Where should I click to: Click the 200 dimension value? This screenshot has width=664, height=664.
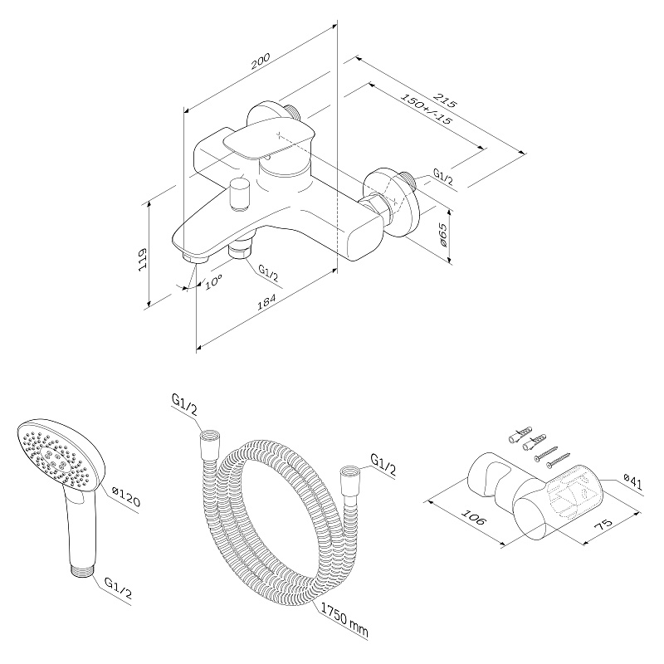261,61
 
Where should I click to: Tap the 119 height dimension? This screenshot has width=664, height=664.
142,259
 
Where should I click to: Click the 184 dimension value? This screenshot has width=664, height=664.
266,302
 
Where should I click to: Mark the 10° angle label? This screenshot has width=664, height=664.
213,282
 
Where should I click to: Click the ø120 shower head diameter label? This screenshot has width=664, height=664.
126,496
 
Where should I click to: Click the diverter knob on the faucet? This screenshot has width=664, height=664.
239,194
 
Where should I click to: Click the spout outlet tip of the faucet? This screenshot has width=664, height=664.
195,257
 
